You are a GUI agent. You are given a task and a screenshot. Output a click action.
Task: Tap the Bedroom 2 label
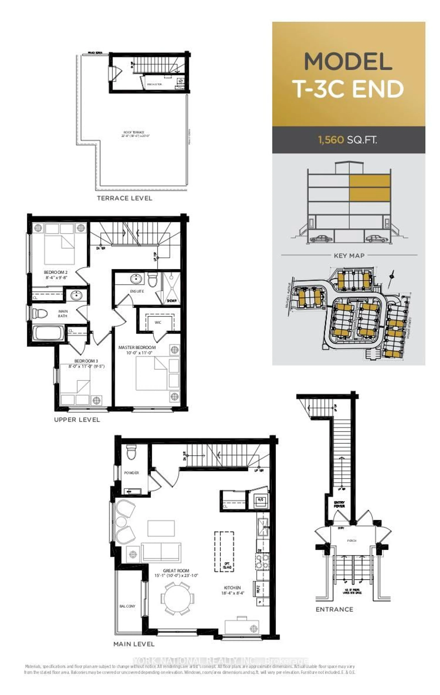coord(56,272)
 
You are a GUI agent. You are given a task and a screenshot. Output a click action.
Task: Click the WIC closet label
coord(158,322)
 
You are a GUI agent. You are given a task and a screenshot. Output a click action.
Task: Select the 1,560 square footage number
coord(331,140)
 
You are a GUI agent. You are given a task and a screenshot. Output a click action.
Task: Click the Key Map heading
coord(349,255)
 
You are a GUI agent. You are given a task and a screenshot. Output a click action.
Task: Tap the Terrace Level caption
coord(124,198)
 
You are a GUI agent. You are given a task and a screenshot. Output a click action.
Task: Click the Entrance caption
coord(334,609)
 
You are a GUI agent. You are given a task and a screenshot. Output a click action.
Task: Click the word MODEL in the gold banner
coord(348,62)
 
